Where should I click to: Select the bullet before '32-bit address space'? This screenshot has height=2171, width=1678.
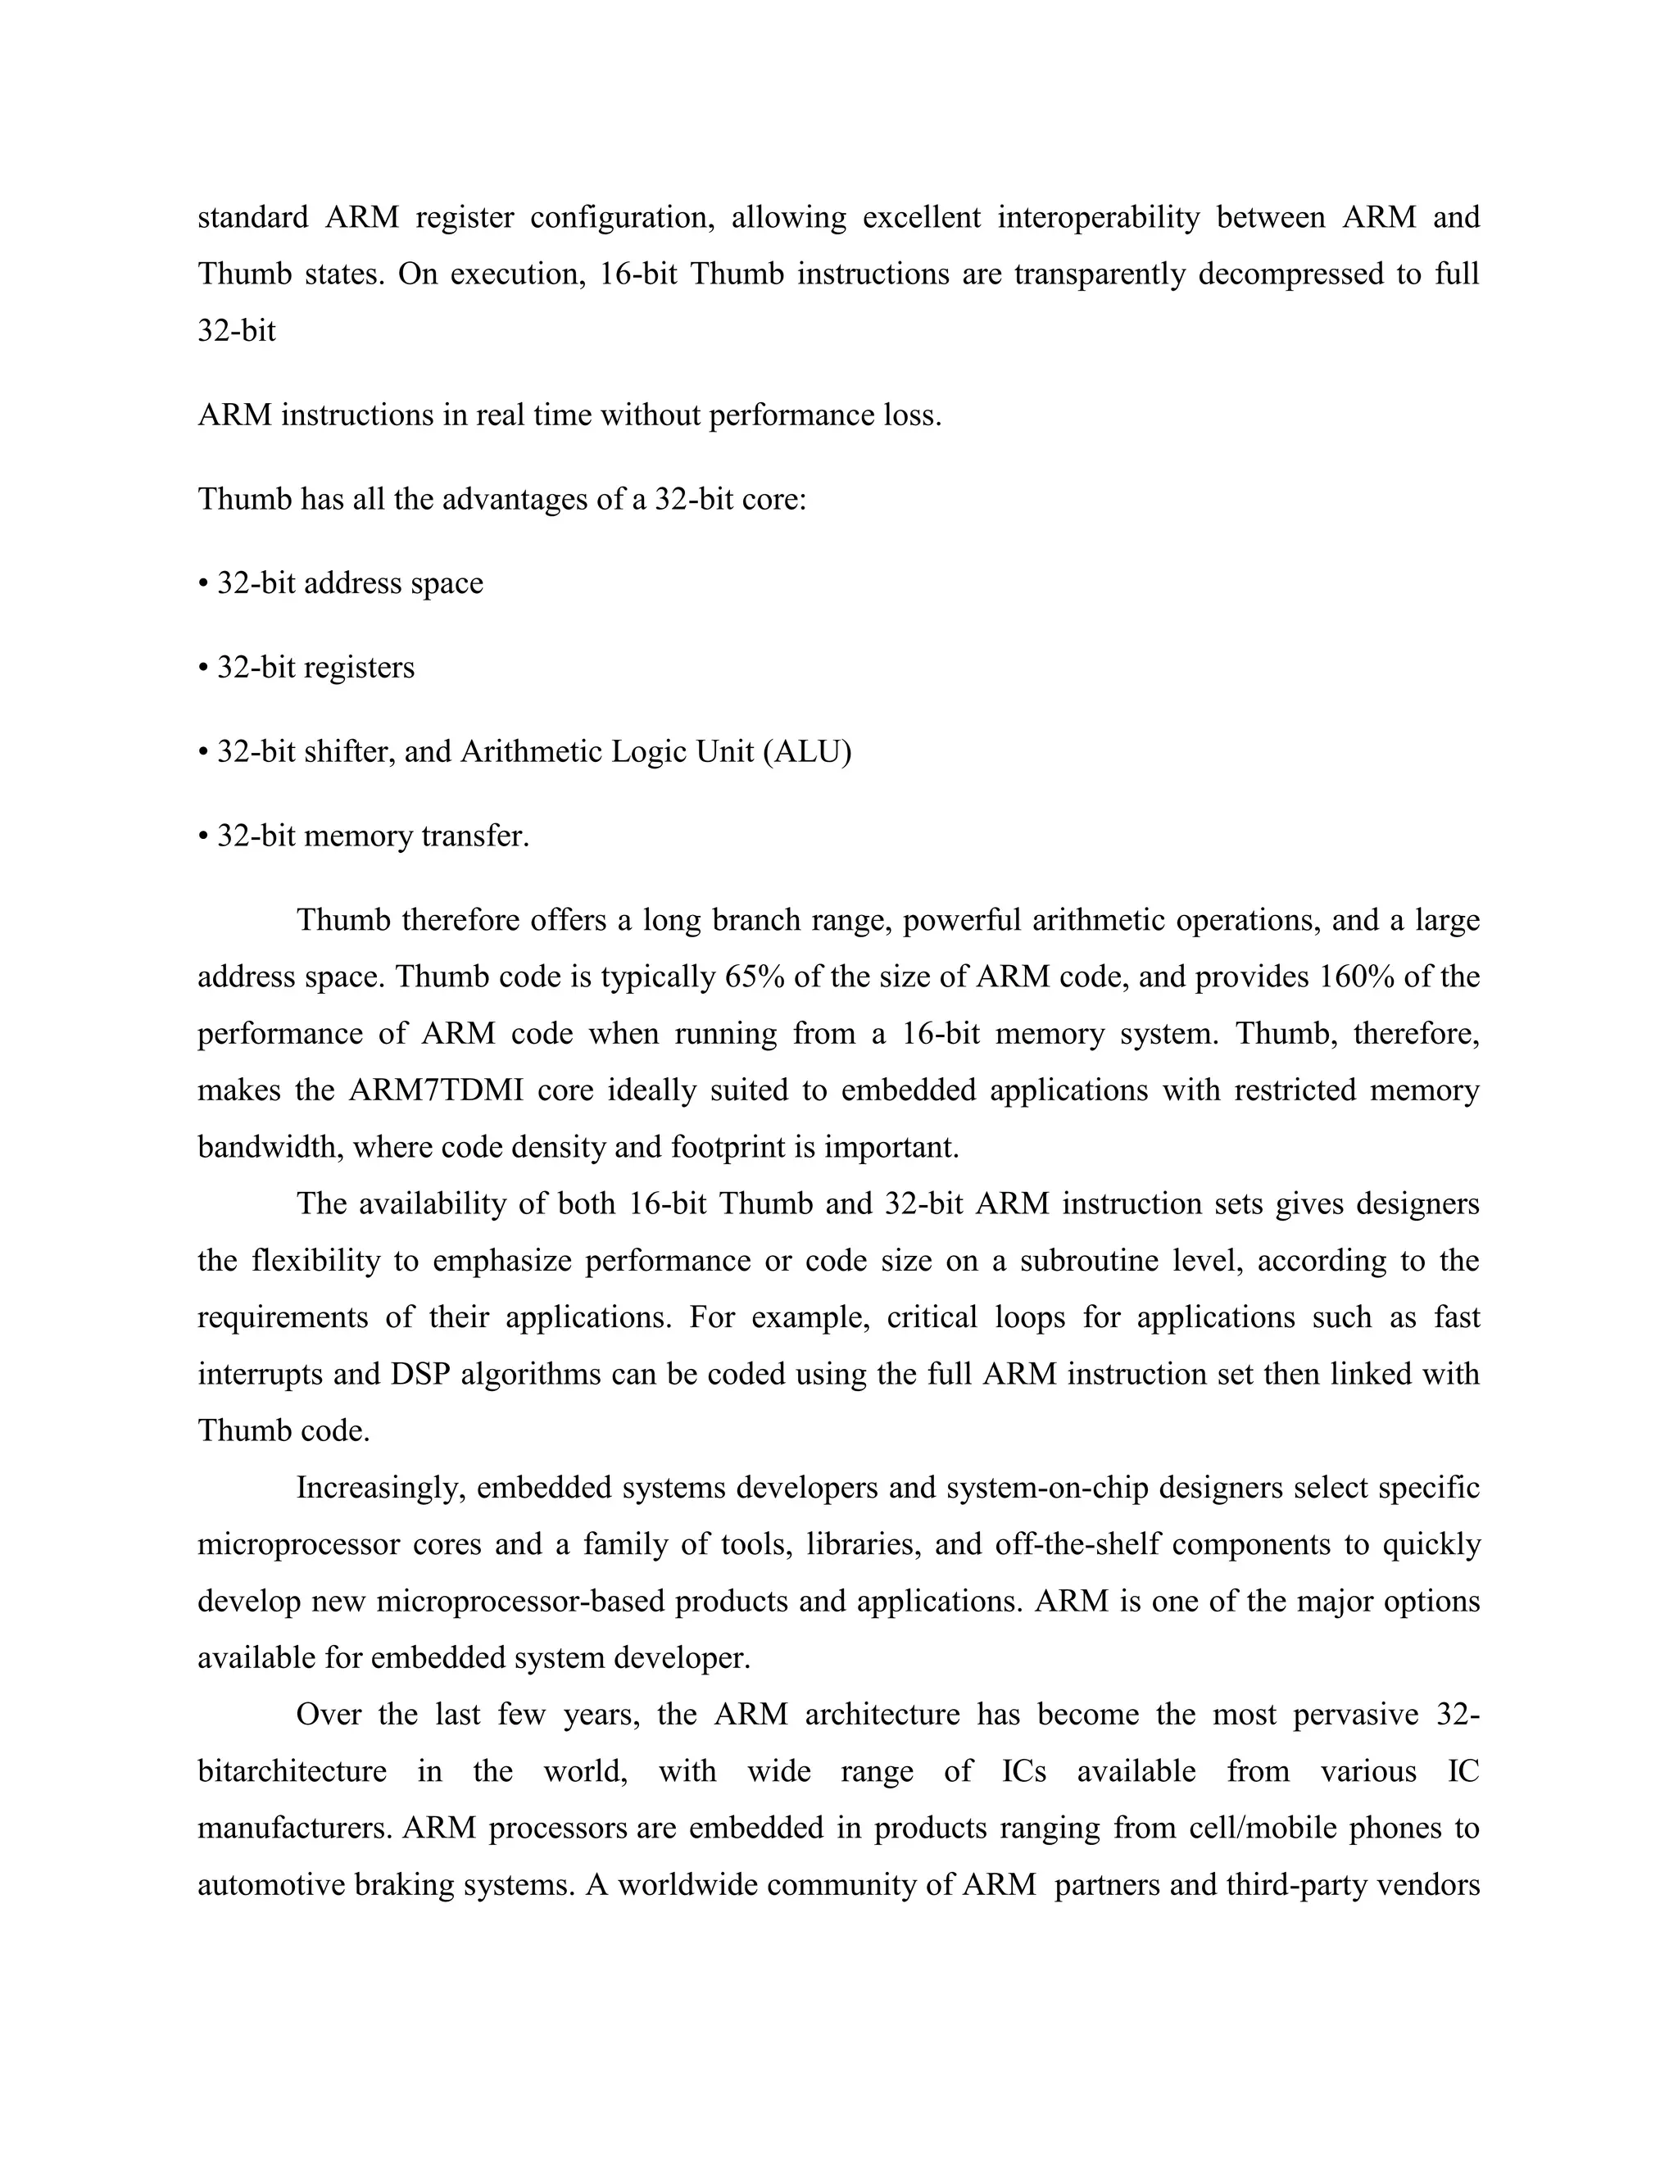click(203, 584)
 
